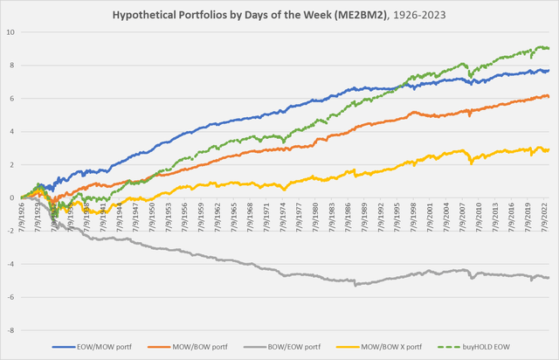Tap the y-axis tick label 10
click(10, 32)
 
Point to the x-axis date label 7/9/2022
click(537, 215)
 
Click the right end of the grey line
click(548, 278)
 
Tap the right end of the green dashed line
click(548, 48)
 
